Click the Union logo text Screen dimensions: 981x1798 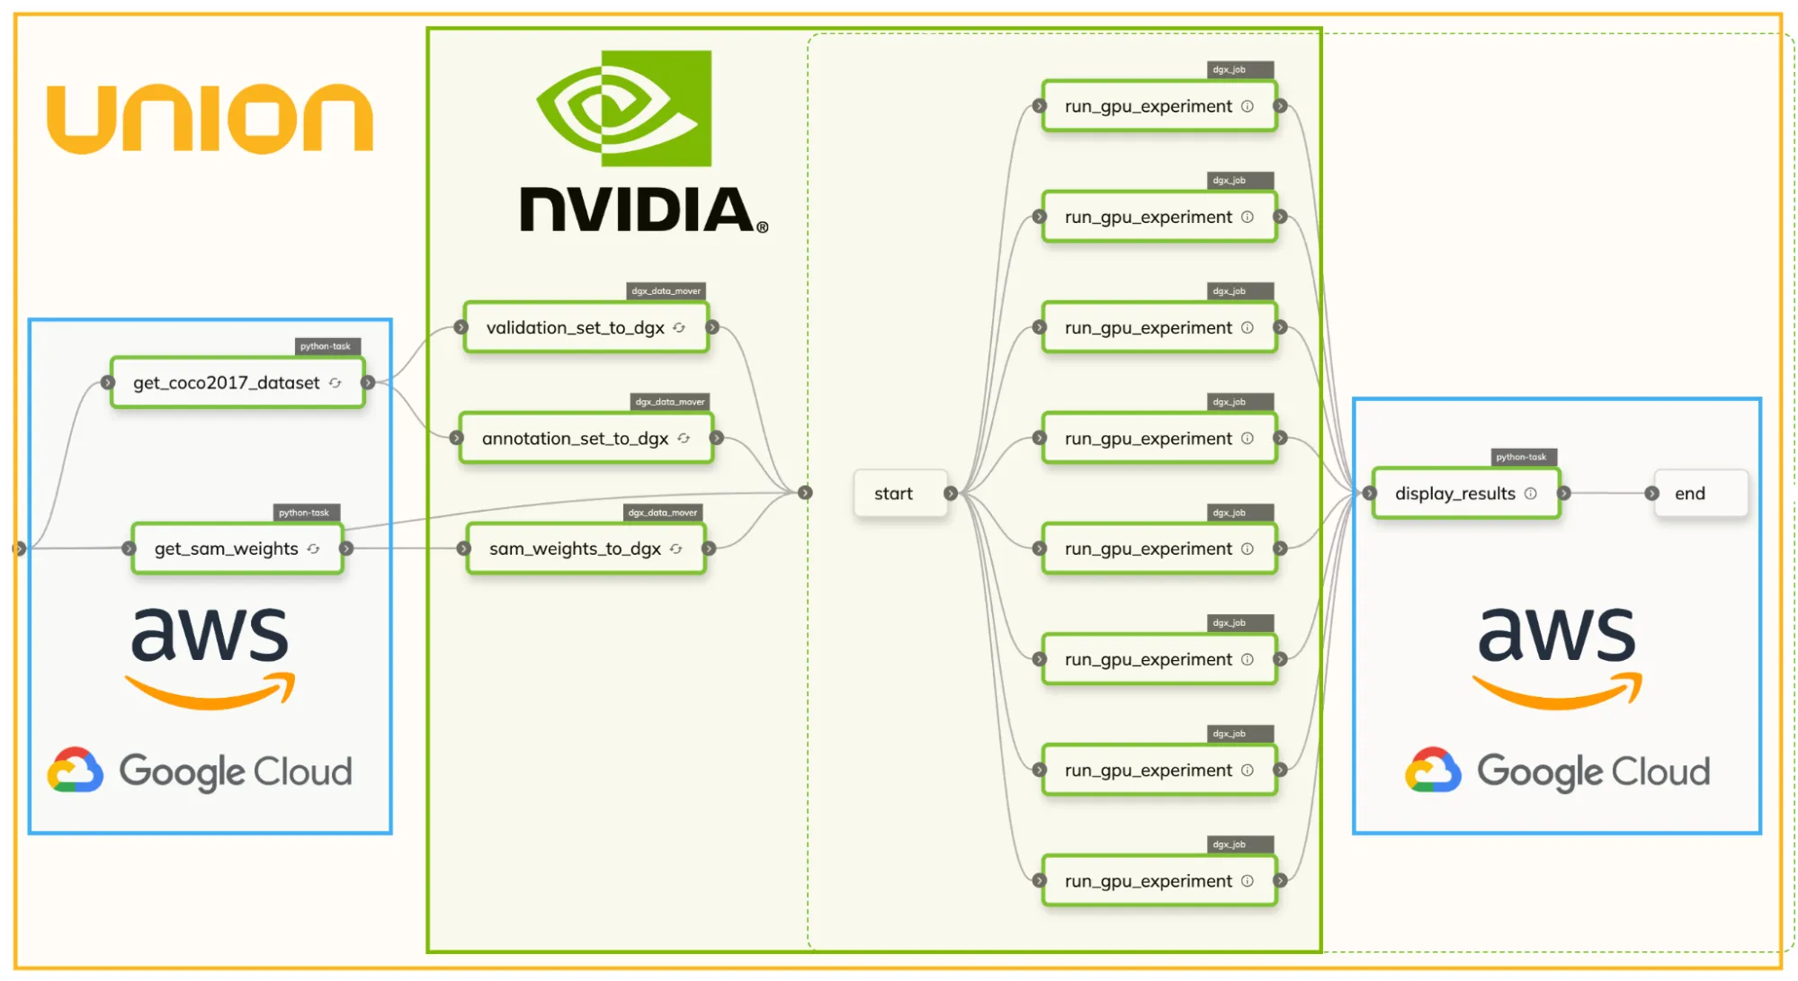(x=210, y=119)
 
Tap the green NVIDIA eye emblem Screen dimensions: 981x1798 (x=624, y=108)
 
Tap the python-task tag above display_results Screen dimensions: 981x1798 (x=1521, y=457)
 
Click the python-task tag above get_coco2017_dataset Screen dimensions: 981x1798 (x=326, y=346)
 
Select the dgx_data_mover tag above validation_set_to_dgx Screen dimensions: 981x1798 (x=666, y=290)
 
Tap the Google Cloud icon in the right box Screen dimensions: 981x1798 (x=1433, y=771)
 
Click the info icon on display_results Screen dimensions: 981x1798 (x=1531, y=494)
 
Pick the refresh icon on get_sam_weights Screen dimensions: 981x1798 (x=313, y=548)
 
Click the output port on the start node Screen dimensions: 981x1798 (x=951, y=494)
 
